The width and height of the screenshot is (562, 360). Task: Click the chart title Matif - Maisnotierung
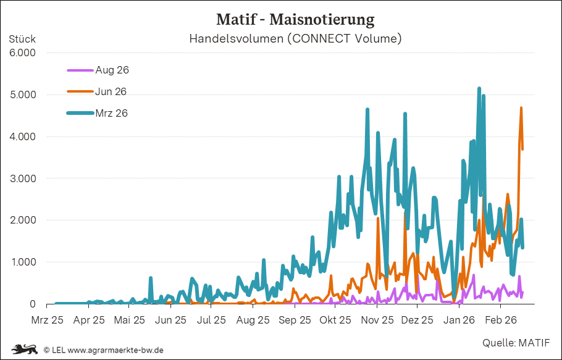pos(295,19)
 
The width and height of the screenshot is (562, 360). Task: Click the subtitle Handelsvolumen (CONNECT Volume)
pos(295,39)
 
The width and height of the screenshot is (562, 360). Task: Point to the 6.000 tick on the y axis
pos(22,53)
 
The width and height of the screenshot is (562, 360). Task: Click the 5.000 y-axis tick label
pos(22,95)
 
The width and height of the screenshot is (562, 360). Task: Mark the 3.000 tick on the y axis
pos(22,178)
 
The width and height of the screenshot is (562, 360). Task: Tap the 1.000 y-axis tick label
pos(22,262)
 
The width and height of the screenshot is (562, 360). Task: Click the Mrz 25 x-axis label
pos(48,320)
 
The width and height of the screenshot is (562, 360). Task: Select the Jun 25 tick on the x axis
pos(171,320)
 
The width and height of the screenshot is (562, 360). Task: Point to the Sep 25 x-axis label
pos(295,320)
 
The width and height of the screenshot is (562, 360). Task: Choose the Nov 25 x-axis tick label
pos(377,320)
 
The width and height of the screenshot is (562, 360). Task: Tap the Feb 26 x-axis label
pos(500,320)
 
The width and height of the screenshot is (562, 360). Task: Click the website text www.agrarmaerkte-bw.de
pos(115,350)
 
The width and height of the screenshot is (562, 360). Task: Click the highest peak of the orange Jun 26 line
pos(521,108)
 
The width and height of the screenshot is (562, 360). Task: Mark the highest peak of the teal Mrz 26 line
pos(479,88)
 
